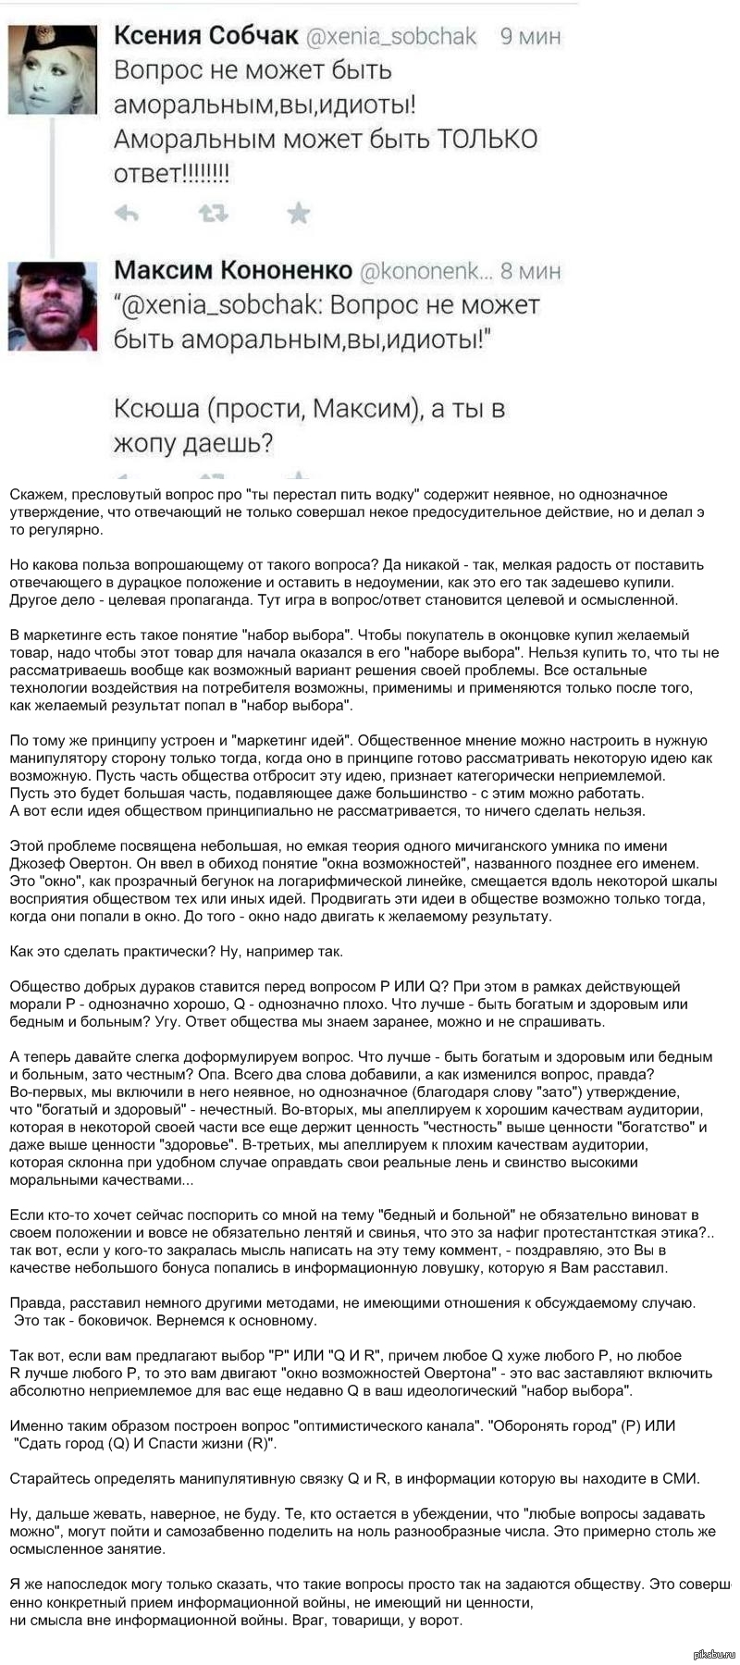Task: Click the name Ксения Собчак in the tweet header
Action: click(x=205, y=36)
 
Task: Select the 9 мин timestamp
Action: click(x=530, y=37)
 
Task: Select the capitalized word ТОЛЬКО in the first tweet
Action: click(x=487, y=140)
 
